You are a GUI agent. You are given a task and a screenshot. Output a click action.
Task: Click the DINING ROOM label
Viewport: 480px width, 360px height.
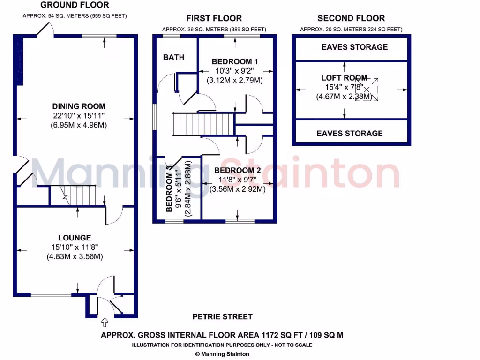[79, 106]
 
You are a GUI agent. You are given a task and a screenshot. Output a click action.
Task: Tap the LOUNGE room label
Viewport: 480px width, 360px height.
[75, 238]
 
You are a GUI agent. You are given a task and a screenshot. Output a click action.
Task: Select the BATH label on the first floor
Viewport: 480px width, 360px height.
[173, 58]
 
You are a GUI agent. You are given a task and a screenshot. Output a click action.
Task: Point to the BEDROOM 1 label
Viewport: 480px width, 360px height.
[235, 61]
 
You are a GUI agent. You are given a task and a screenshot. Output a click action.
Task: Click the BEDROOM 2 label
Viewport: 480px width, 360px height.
[238, 170]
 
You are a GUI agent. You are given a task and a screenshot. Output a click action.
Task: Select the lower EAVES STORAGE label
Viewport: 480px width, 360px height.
[350, 133]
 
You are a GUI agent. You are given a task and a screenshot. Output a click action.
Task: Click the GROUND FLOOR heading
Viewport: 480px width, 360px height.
[75, 5]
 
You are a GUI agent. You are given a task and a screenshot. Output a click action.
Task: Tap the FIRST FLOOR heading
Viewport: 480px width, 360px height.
[214, 19]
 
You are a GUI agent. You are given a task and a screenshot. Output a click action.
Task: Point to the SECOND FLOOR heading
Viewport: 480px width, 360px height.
[351, 19]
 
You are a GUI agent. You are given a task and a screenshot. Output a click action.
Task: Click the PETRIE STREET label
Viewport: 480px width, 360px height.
[222, 317]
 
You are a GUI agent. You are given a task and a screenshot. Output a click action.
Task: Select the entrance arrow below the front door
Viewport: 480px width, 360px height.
[104, 322]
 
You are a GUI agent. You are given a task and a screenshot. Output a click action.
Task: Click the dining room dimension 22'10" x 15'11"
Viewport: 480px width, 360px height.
[79, 116]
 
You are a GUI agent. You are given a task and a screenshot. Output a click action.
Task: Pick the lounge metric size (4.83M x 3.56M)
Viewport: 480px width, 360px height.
[75, 256]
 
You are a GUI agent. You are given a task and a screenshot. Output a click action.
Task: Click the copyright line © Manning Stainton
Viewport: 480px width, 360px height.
[222, 354]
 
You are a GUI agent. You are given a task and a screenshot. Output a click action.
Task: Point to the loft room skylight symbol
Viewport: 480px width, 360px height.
[369, 89]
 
